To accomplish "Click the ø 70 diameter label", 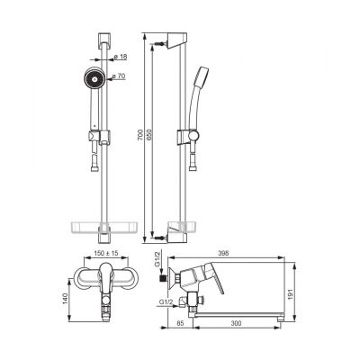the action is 118,76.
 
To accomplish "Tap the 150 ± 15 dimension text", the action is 106,253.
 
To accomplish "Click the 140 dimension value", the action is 66,298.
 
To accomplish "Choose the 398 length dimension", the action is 223,253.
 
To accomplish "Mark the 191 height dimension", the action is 290,292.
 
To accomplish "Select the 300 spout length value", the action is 236,323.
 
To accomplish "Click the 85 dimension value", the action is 180,323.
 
